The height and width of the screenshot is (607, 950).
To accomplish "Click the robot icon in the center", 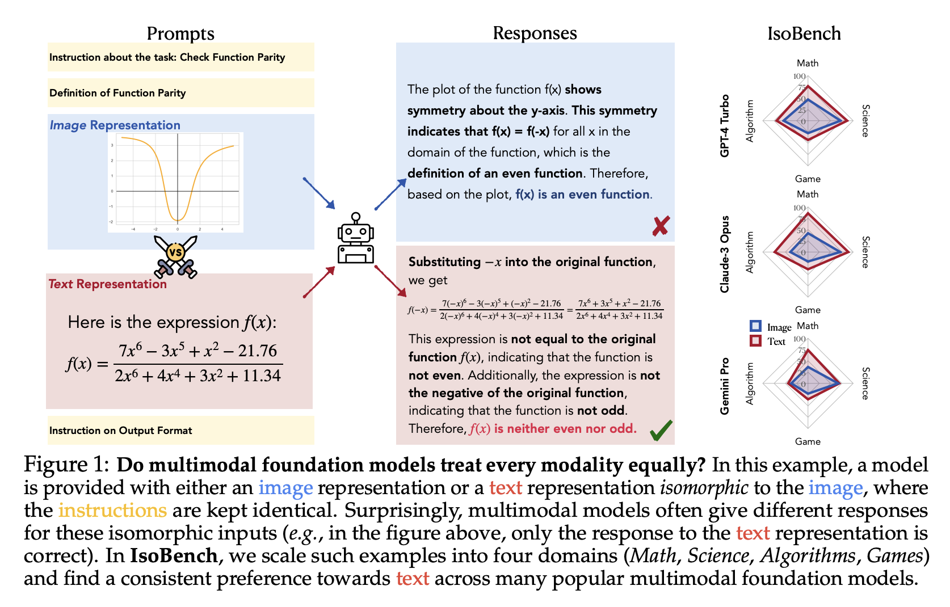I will (x=355, y=239).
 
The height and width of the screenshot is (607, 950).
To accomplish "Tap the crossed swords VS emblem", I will (x=175, y=256).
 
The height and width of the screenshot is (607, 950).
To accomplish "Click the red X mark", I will (x=660, y=226).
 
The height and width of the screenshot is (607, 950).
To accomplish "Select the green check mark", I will (x=661, y=430).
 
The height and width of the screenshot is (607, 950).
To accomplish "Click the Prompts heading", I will (x=180, y=33).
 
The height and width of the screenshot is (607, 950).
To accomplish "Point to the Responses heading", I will (x=535, y=33).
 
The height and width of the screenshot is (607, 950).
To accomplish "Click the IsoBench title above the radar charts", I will (x=804, y=33).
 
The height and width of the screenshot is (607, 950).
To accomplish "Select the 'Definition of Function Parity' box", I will (x=180, y=93).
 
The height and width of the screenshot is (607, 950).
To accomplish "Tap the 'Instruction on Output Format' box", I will (x=180, y=431).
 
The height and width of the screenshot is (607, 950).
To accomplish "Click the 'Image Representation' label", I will (x=115, y=125).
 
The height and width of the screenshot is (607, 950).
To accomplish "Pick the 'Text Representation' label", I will (x=108, y=284).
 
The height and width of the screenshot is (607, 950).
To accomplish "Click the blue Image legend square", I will (x=755, y=326).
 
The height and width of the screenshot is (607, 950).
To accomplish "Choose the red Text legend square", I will (x=755, y=340).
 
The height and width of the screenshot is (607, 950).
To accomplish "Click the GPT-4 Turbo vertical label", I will (x=725, y=126).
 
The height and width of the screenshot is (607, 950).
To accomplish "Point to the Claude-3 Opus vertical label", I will (x=725, y=254).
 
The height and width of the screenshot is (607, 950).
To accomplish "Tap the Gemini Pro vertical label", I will (x=725, y=386).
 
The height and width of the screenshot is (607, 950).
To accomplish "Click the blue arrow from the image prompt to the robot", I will (x=319, y=193).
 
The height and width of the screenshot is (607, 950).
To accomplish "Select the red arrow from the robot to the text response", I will (x=390, y=281).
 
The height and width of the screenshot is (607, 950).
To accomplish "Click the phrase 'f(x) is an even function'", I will (x=582, y=195).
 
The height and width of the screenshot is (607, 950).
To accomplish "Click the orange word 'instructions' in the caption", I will (x=112, y=511).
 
